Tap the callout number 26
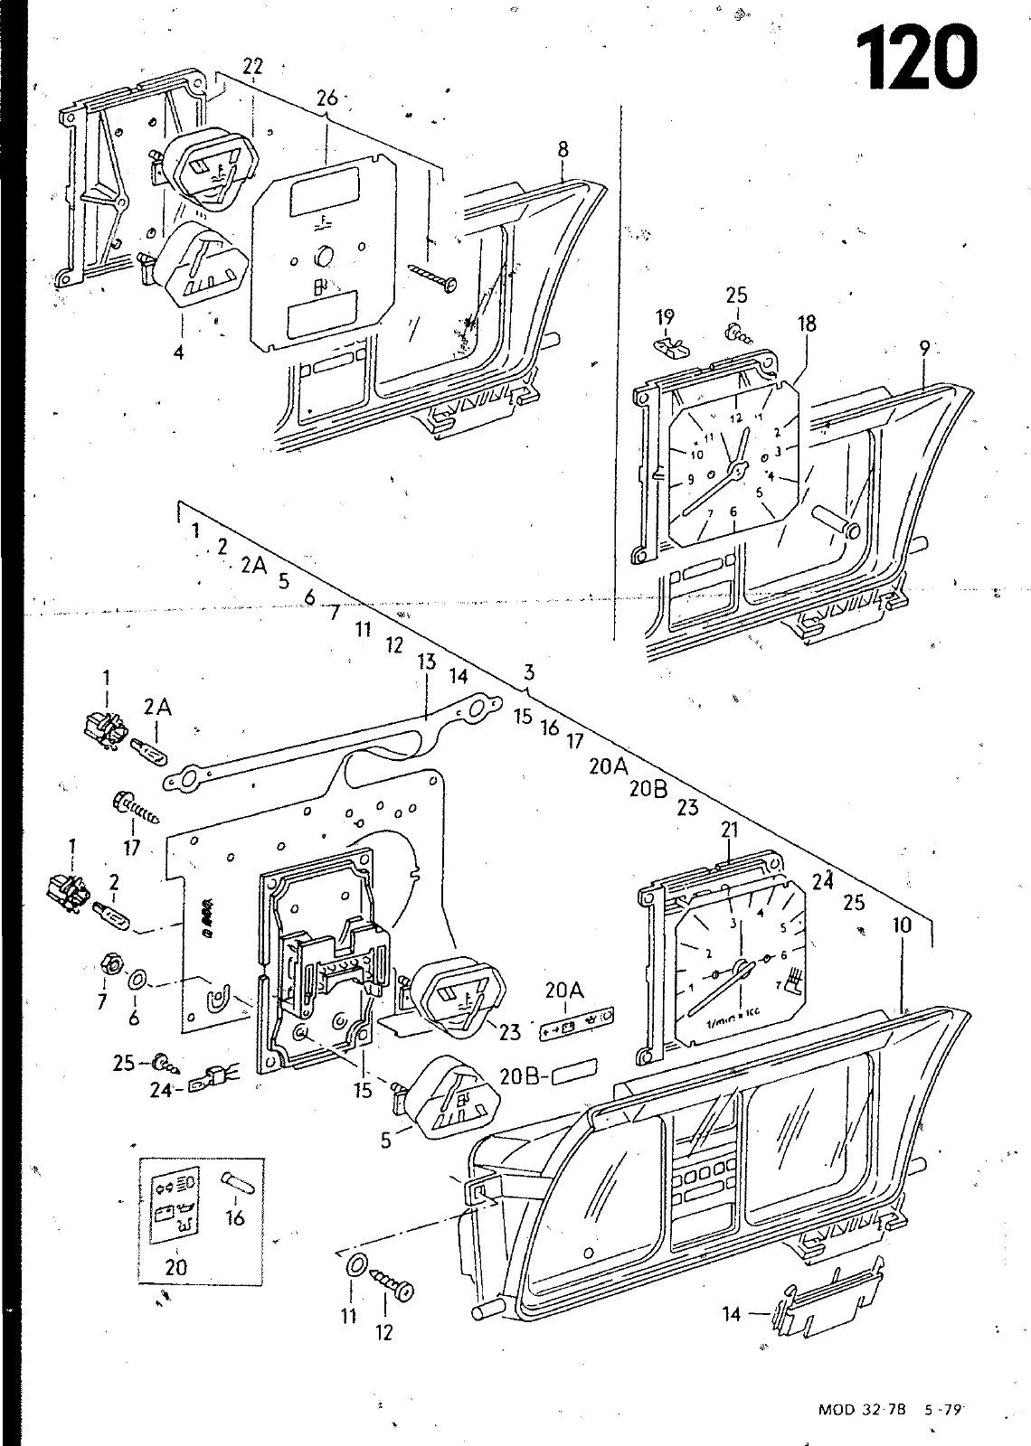327,98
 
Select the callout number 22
253,65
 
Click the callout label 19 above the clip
666,316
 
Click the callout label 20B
518,1077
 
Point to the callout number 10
902,925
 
